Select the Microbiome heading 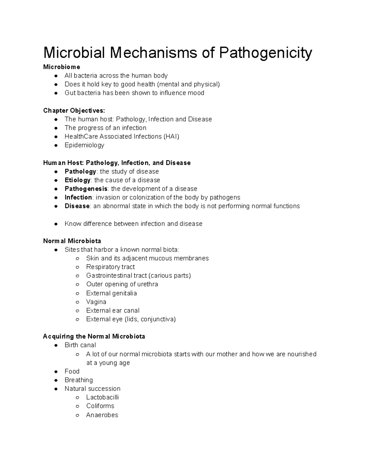pyautogui.click(x=62, y=67)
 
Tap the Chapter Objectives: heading pyautogui.click(x=74, y=110)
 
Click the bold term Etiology pyautogui.click(x=77, y=180)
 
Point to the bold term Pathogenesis pyautogui.click(x=86, y=189)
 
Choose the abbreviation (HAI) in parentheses pyautogui.click(x=172, y=136)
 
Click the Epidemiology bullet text pyautogui.click(x=84, y=145)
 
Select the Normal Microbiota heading pyautogui.click(x=72, y=241)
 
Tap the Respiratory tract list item pyautogui.click(x=110, y=267)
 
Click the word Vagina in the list pyautogui.click(x=96, y=302)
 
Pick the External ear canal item pyautogui.click(x=113, y=310)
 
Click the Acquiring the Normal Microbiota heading pyautogui.click(x=94, y=337)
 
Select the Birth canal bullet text pyautogui.click(x=80, y=345)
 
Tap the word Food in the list pyautogui.click(x=72, y=371)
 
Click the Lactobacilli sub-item pyautogui.click(x=102, y=397)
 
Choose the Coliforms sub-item pyautogui.click(x=100, y=406)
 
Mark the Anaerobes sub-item pyautogui.click(x=102, y=415)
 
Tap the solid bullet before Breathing pyautogui.click(x=56, y=380)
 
